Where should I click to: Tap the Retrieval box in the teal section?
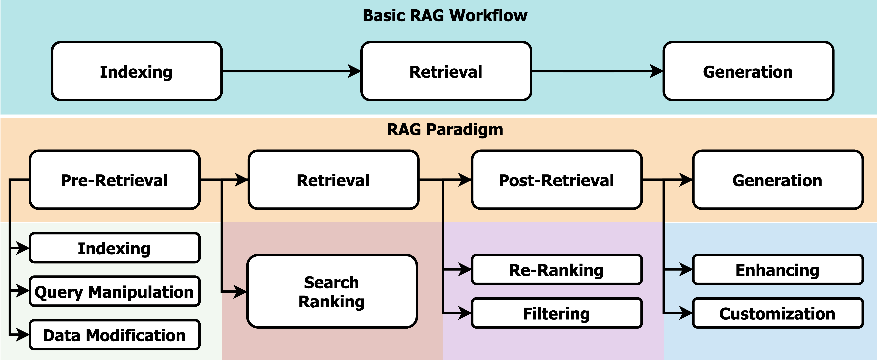pos(446,72)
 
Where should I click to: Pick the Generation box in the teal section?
pos(748,72)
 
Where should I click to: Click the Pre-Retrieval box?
pos(114,180)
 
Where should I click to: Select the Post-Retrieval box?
pos(556,180)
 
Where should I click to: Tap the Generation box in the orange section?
pos(778,180)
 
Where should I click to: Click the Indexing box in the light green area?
pos(114,248)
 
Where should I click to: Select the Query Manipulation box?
pos(114,292)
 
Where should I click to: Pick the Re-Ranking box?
pos(556,270)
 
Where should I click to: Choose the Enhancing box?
pos(778,270)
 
